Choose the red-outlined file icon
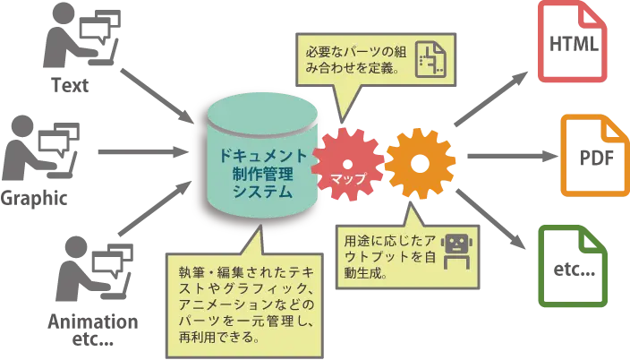click(573, 45)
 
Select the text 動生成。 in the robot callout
click(367, 272)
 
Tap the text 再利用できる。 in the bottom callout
click(219, 338)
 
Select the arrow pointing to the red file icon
click(492, 99)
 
